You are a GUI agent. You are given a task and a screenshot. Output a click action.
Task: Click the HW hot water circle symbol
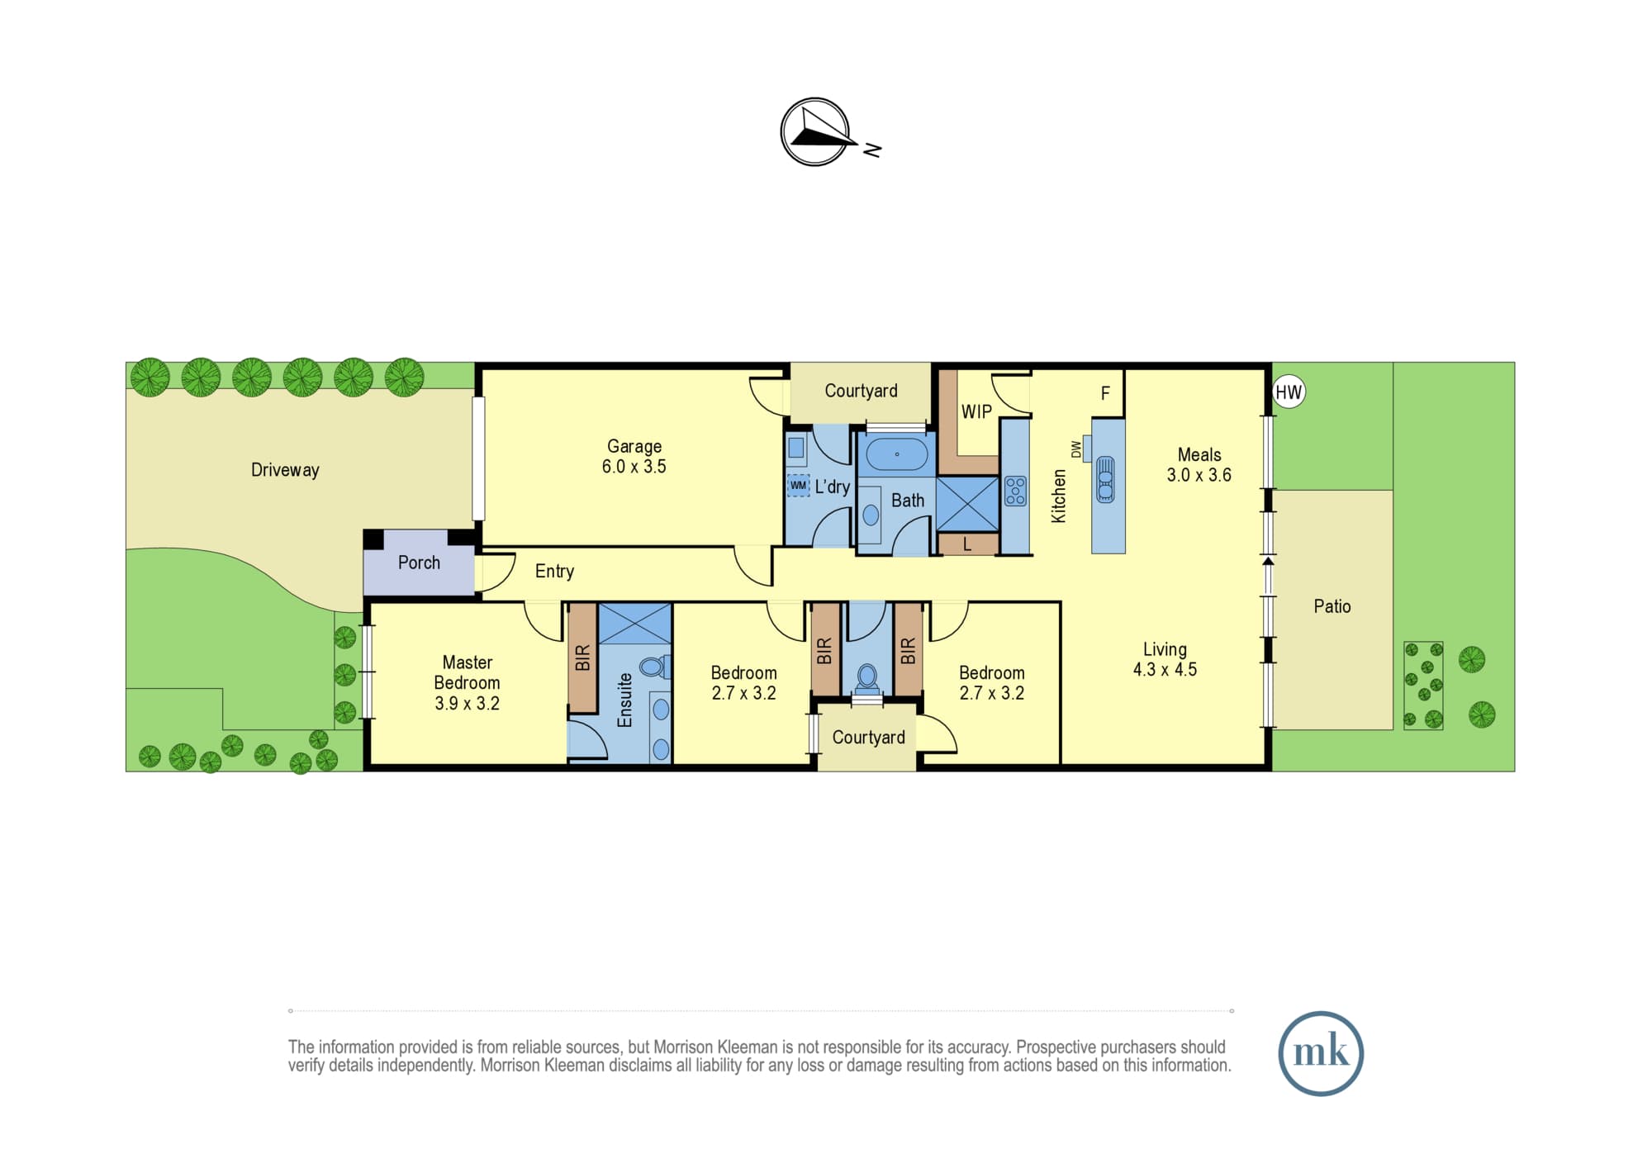pos(1289,392)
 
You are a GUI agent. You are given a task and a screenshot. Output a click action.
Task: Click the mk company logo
pos(1321,1053)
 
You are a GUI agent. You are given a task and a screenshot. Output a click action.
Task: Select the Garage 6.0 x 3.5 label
pos(634,456)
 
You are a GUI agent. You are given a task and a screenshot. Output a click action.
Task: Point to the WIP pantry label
pos(976,411)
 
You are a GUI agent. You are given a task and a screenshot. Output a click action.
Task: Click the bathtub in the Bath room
pos(896,454)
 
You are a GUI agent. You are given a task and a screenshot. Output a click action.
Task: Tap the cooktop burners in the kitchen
pos(1015,491)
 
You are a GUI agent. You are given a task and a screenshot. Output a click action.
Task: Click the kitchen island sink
pos(1105,480)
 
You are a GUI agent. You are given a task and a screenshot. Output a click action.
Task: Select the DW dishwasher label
pos(1075,449)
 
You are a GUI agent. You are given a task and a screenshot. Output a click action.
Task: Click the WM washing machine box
pos(798,485)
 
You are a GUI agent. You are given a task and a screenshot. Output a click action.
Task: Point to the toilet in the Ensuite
pos(654,666)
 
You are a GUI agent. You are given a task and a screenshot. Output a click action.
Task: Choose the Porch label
pos(419,563)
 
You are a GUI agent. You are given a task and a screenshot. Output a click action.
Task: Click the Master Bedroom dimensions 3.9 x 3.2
pos(468,704)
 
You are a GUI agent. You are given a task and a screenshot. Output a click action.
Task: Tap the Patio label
pos(1332,606)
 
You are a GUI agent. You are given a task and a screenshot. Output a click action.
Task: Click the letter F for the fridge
pos(1105,394)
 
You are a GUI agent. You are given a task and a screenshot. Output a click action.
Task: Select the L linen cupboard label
pos(967,545)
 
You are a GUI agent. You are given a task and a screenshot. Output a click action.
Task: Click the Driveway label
pos(285,470)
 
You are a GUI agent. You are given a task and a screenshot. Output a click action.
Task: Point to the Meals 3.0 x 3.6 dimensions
pos(1199,475)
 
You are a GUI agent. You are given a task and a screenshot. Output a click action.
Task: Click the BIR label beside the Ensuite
pos(582,658)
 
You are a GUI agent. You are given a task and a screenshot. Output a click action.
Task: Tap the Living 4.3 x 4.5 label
pos(1165,659)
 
